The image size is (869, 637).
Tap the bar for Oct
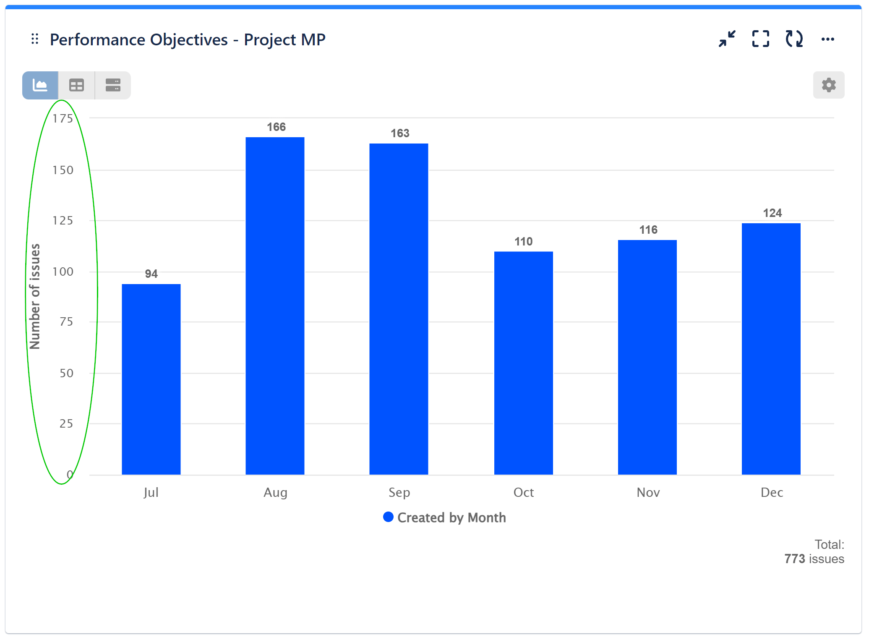point(523,363)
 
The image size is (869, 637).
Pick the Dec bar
point(771,349)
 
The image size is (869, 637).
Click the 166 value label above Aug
point(276,127)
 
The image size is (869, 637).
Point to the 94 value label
point(151,274)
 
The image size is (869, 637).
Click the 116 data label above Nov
point(648,230)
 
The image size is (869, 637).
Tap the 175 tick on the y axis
point(63,119)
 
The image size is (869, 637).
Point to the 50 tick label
point(66,373)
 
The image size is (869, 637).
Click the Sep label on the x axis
point(399,492)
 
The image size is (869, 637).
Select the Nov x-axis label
point(648,492)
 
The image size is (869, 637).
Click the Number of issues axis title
point(35,296)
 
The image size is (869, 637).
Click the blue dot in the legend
point(388,517)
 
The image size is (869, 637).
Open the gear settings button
point(828,85)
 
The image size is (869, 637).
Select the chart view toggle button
point(40,86)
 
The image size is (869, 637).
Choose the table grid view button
point(76,86)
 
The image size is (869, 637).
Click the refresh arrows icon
point(794,39)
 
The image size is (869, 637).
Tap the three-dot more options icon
point(827,39)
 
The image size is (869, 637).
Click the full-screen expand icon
point(760,39)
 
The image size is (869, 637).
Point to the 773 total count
point(794,559)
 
